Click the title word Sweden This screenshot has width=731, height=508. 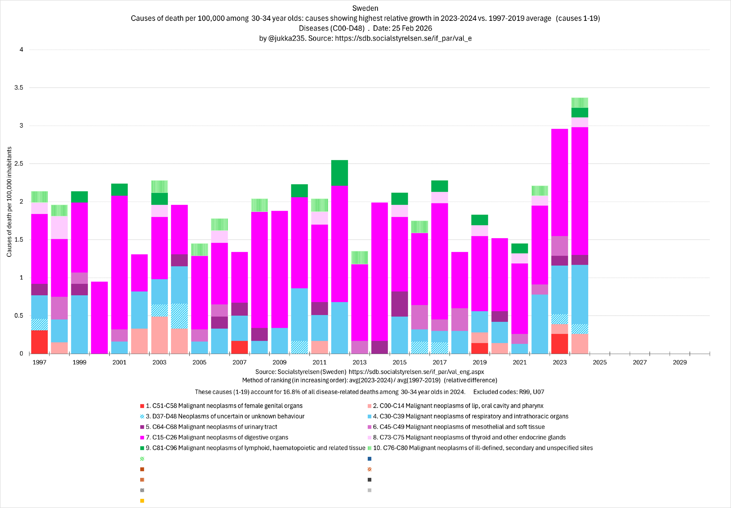click(365, 8)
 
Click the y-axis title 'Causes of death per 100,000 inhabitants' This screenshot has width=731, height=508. click(10, 202)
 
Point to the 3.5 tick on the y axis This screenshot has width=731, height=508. click(19, 88)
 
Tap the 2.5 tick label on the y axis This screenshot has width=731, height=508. click(19, 163)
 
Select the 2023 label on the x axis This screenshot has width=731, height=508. click(560, 362)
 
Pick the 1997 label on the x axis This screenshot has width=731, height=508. click(39, 362)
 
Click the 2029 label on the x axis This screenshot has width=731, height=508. click(679, 362)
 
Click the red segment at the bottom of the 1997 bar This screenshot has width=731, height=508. click(39, 342)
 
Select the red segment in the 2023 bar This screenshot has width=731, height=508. click(560, 344)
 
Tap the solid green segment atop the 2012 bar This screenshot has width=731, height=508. click(340, 173)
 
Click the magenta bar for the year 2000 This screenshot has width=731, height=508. click(99, 317)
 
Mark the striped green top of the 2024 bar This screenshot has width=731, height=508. click(580, 103)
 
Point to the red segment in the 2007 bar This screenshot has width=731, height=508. click(239, 347)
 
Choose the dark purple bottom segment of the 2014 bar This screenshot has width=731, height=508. click(379, 347)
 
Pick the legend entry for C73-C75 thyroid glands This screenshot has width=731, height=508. click(469, 437)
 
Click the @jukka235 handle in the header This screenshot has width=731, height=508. click(287, 38)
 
